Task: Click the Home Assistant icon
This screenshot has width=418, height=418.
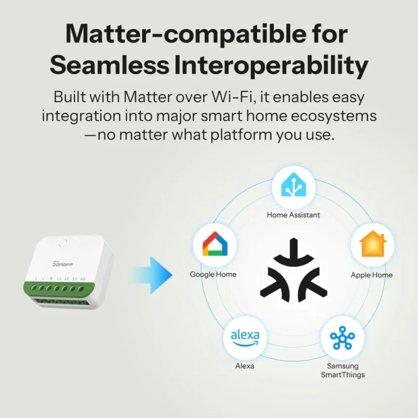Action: point(294,187)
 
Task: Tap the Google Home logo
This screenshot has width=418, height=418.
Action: point(215,245)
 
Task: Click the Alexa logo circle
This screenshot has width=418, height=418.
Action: point(245,338)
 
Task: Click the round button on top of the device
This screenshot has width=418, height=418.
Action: point(63,243)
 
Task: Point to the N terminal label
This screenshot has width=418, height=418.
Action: point(51,279)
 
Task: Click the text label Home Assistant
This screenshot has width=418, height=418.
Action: point(294,215)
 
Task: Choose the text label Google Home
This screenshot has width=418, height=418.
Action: point(213,274)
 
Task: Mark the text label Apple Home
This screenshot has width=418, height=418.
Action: point(372,275)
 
